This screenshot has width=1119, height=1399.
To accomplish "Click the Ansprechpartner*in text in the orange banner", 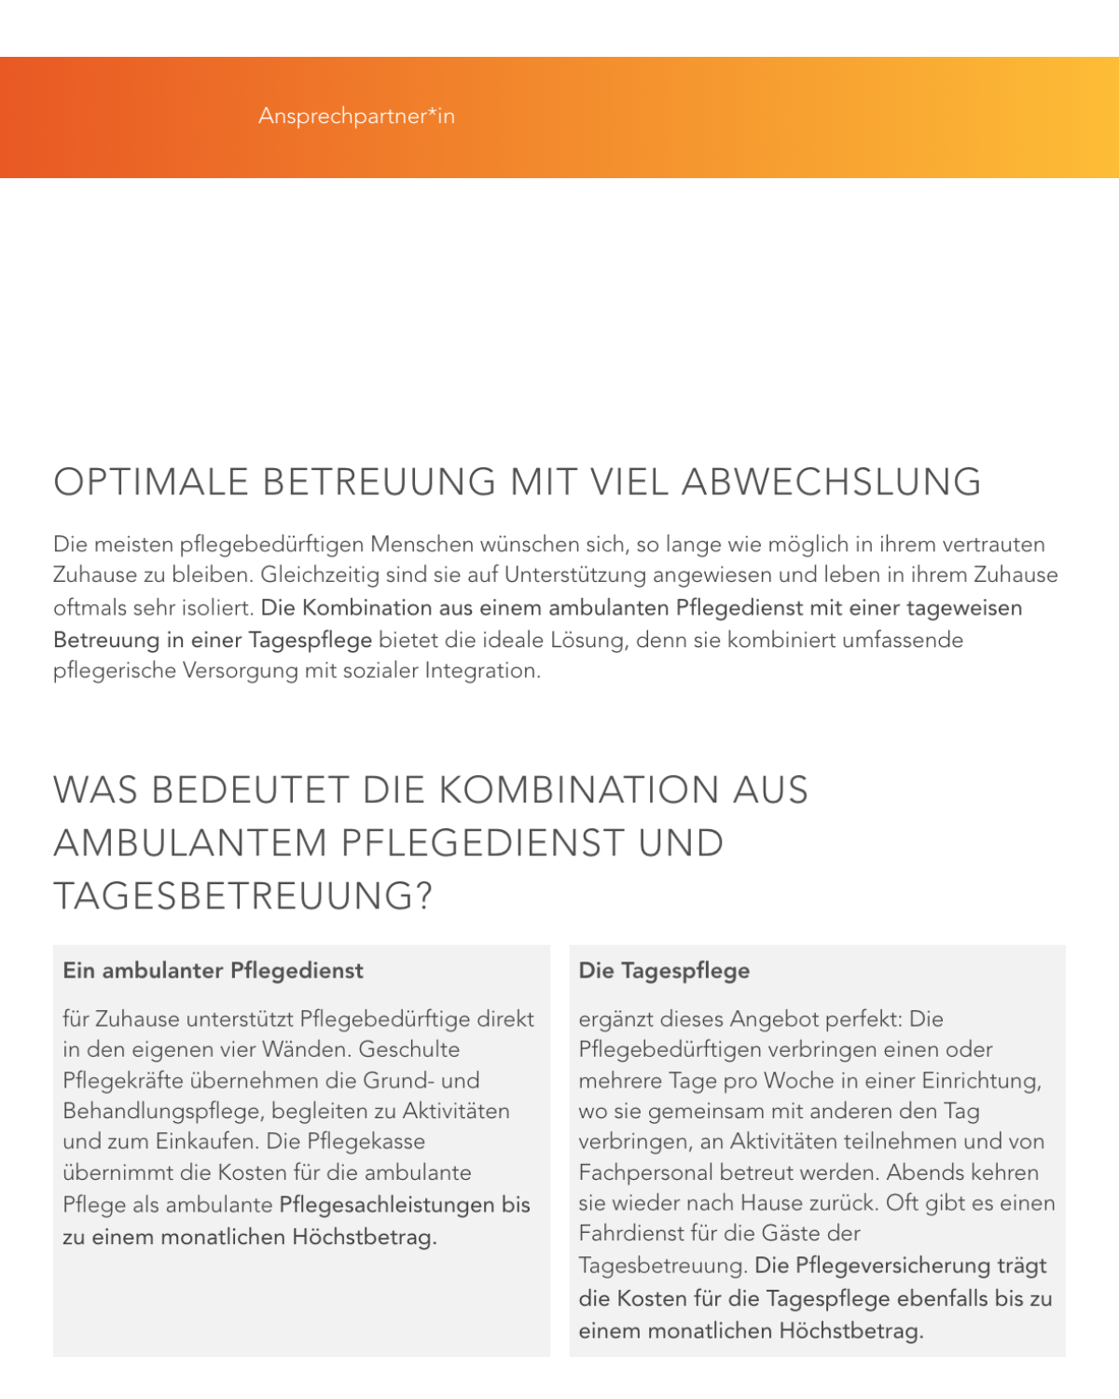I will [x=356, y=117].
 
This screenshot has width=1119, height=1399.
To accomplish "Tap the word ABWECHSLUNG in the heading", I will [x=832, y=482].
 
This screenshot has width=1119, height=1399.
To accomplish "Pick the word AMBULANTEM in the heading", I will [x=190, y=843].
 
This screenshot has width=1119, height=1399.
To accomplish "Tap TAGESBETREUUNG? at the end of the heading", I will [x=243, y=896].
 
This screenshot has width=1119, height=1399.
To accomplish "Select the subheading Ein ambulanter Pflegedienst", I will [x=213, y=971].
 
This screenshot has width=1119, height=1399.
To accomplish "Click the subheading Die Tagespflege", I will [x=664, y=971].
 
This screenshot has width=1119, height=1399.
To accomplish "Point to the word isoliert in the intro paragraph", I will [x=220, y=608].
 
